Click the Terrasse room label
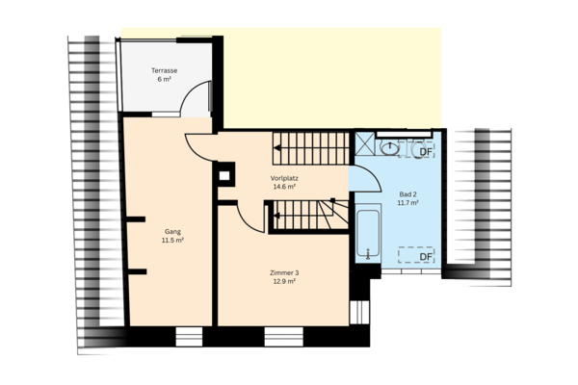pos(165,71)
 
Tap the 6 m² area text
pos(165,81)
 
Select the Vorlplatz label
pos(284,178)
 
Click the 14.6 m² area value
pos(284,188)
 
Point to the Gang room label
pos(172,231)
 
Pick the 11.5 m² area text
pos(172,241)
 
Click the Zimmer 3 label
pos(284,273)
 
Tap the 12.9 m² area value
pos(284,283)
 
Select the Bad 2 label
pos(407,193)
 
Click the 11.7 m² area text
pos(407,203)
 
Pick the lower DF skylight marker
pos(425,256)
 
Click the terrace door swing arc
pos(200,96)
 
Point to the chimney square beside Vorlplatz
pos(225,175)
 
